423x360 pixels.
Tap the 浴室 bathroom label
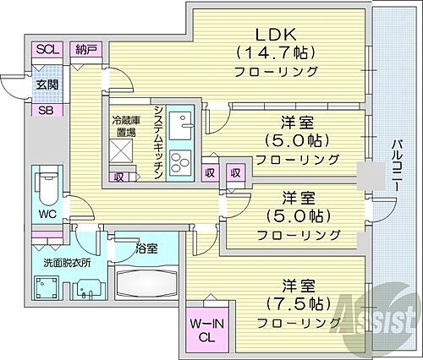click(x=146, y=248)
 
